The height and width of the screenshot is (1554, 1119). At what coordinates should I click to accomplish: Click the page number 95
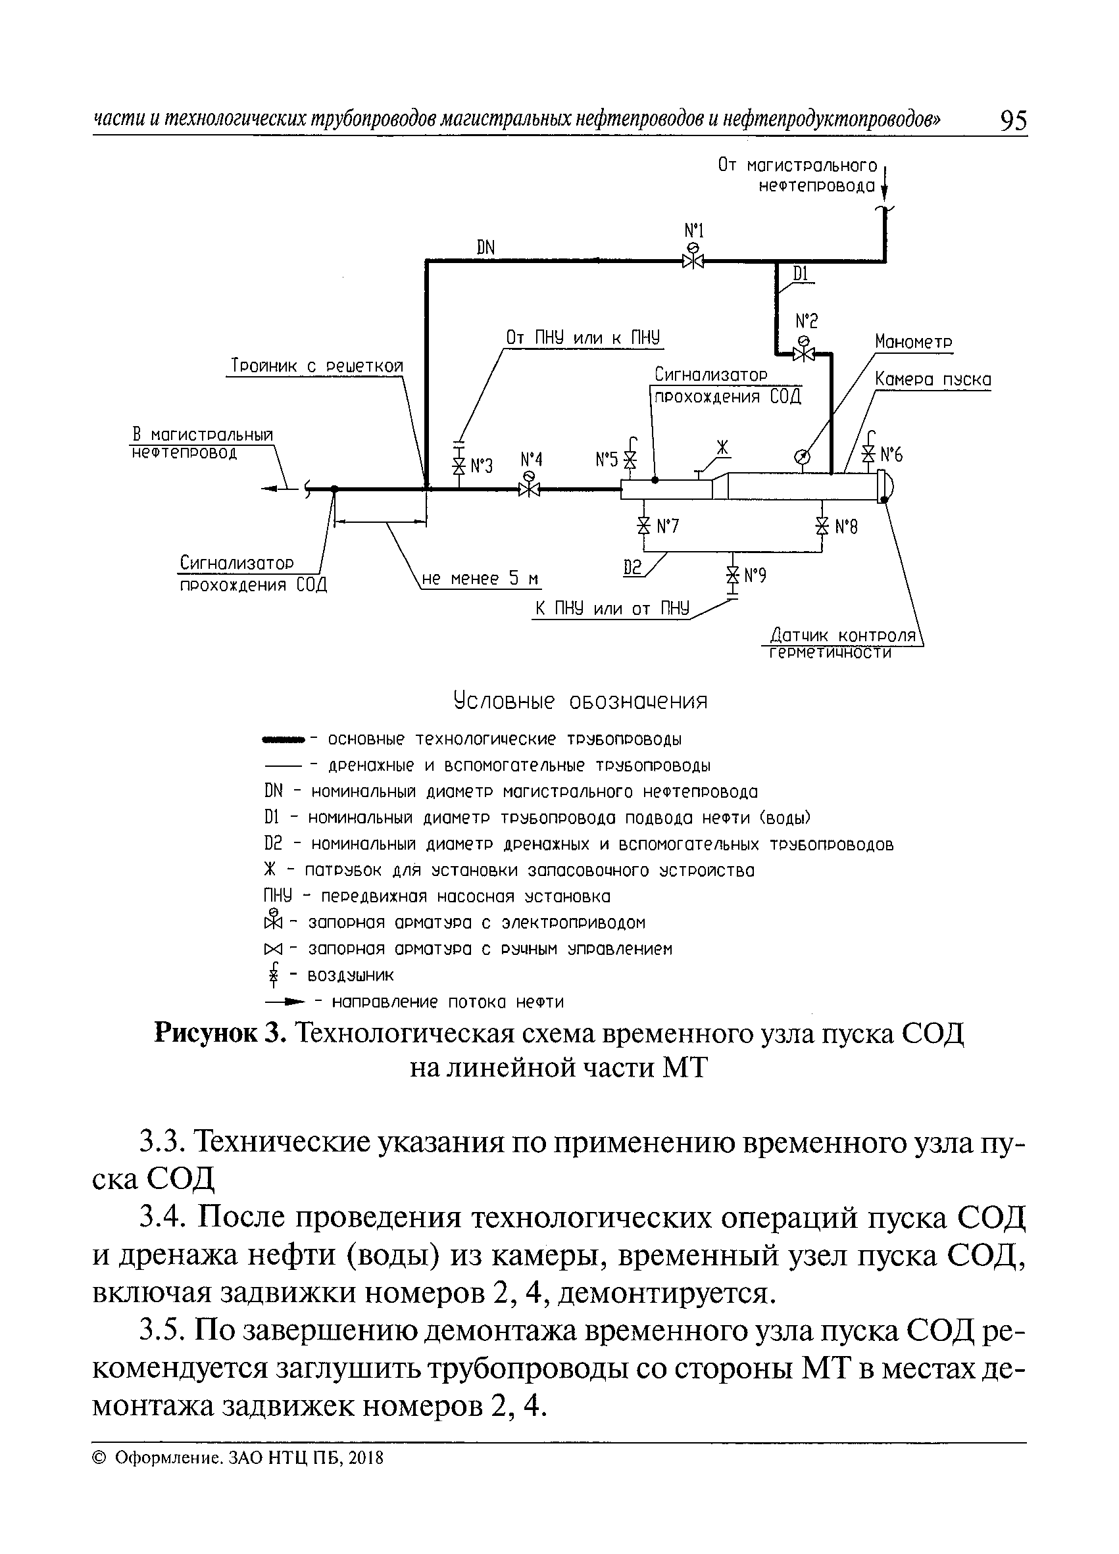pos(1013,121)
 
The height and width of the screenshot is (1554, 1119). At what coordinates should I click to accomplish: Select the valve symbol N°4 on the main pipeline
pos(529,489)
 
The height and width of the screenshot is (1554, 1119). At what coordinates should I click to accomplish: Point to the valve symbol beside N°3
pos(459,466)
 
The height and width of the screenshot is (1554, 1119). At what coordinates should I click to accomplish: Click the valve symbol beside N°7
pos(643,525)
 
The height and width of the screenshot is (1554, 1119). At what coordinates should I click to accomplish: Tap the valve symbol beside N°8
pos(822,525)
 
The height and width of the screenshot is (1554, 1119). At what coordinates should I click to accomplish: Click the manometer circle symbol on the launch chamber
pos(801,456)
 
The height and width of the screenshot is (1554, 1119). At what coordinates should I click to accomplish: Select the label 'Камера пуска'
pos(933,380)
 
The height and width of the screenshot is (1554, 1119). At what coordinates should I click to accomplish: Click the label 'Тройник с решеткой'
pos(314,366)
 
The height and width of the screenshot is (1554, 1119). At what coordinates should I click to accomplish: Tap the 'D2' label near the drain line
pos(632,568)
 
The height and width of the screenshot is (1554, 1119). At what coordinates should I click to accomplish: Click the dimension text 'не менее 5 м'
pos(480,579)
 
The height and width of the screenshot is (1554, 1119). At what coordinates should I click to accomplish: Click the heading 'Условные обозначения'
pos(580,701)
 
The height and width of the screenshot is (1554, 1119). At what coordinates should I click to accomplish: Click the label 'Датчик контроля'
pos(843,635)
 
